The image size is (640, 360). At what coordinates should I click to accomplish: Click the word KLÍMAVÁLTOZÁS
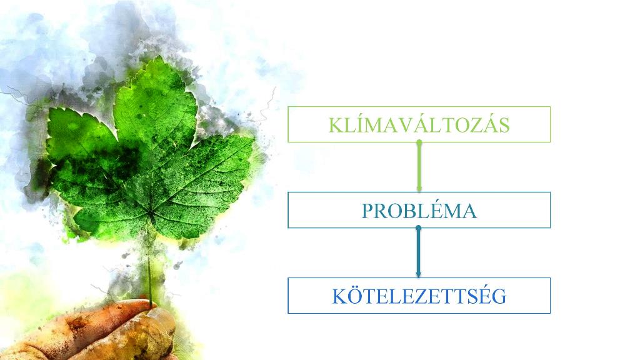coord(419,124)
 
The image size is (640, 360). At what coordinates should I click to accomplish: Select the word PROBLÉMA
coord(419,211)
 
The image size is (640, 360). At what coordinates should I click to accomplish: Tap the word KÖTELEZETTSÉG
coord(419,296)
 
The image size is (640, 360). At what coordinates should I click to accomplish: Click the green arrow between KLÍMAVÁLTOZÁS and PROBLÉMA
coord(419,166)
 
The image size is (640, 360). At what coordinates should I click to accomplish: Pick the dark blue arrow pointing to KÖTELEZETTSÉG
coord(418,252)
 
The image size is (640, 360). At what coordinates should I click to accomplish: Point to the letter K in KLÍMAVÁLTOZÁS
coord(336,125)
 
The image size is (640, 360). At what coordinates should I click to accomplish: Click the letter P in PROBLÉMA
coord(367,211)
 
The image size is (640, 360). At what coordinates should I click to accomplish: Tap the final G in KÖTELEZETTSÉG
coord(499,297)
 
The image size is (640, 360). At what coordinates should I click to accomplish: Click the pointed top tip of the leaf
coord(157,57)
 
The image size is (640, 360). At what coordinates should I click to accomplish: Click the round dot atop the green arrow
coord(419,142)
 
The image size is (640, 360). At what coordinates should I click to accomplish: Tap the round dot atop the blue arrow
coord(418,228)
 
